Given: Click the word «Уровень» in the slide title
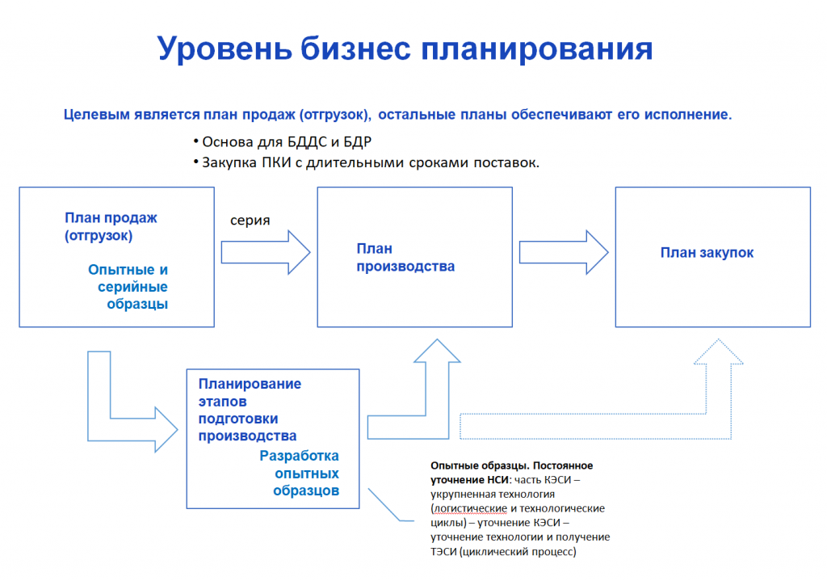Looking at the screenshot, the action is coord(225,49).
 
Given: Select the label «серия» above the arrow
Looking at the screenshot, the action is coord(250,221).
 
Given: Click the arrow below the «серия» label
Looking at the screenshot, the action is coord(265,252).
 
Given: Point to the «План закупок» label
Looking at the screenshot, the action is coord(707,253).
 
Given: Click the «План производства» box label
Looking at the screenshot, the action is coord(405,258).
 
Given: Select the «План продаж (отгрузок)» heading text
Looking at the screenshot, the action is coord(111,226).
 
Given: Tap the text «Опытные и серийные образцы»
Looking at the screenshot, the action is coord(128,287).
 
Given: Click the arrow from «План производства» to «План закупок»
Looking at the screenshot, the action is coord(564,252).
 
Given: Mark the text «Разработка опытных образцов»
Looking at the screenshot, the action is coord(300,474).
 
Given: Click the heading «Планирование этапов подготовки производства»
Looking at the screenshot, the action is coord(250,410).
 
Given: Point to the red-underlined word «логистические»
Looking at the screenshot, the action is coord(470,509).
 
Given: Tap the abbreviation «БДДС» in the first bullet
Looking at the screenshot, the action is coord(308,142).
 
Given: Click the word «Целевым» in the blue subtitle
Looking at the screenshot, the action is coord(97,115).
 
